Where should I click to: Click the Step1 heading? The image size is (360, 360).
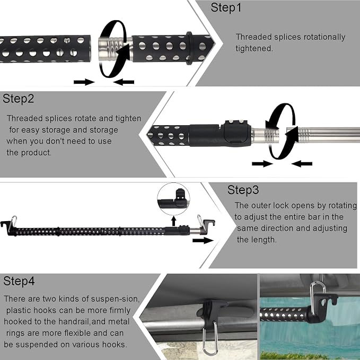(226, 7)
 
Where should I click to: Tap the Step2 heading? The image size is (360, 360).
(18, 99)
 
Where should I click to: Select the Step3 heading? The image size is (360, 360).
(243, 190)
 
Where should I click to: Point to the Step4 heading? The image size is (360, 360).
(19, 281)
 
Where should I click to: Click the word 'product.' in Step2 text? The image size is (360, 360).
(36, 153)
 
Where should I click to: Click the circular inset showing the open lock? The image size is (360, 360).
(173, 199)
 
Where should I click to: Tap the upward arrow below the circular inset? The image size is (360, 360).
(174, 221)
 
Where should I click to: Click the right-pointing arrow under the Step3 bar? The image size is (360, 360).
(203, 240)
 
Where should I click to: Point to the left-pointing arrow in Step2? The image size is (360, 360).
(302, 164)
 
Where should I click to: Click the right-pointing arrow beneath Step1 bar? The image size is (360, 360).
(84, 82)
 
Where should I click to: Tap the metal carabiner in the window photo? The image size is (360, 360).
(318, 296)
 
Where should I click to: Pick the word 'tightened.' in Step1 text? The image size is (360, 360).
(254, 48)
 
